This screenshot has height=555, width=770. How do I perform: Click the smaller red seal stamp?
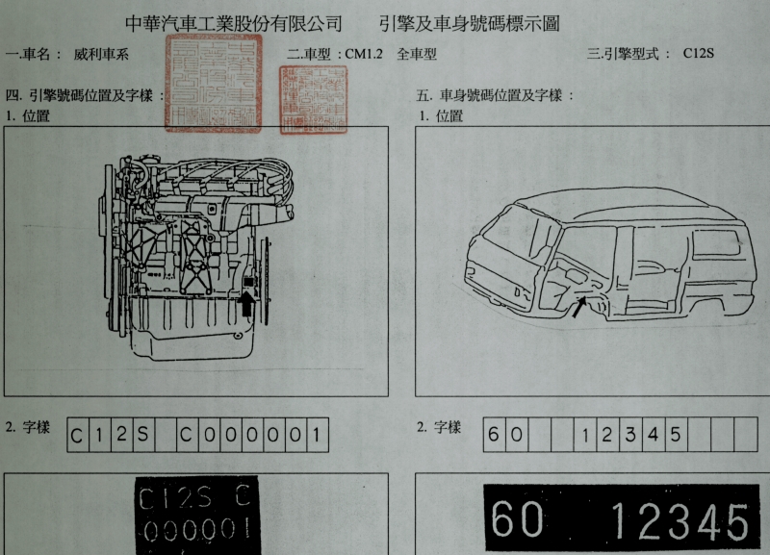310,99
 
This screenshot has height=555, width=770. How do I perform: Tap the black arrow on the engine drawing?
246,305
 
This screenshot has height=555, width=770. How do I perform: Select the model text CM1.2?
364,54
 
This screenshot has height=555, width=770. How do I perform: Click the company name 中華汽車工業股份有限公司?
234,22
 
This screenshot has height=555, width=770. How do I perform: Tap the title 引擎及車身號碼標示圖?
470,22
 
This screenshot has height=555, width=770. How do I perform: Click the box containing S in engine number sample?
141,435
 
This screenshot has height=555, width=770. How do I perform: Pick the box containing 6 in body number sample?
494,435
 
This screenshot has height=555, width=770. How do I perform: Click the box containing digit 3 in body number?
631,435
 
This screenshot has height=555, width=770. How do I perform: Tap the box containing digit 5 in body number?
677,435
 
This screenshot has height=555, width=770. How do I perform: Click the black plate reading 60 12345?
620,519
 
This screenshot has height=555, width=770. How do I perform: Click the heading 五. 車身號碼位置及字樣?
495,96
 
